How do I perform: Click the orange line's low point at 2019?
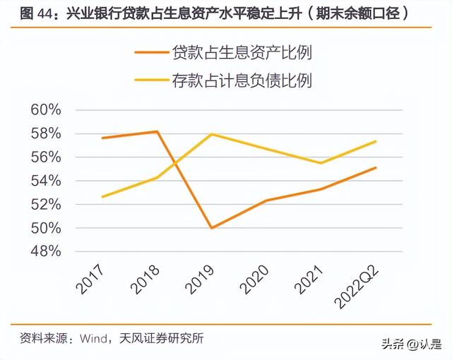pyautogui.click(x=211, y=228)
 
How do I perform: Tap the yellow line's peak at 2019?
pyautogui.click(x=211, y=134)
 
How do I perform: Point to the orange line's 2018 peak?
pyautogui.click(x=157, y=131)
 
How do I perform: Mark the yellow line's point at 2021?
pyautogui.click(x=321, y=163)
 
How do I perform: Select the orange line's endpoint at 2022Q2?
pyautogui.click(x=376, y=167)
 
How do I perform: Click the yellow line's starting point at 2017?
pyautogui.click(x=102, y=197)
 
